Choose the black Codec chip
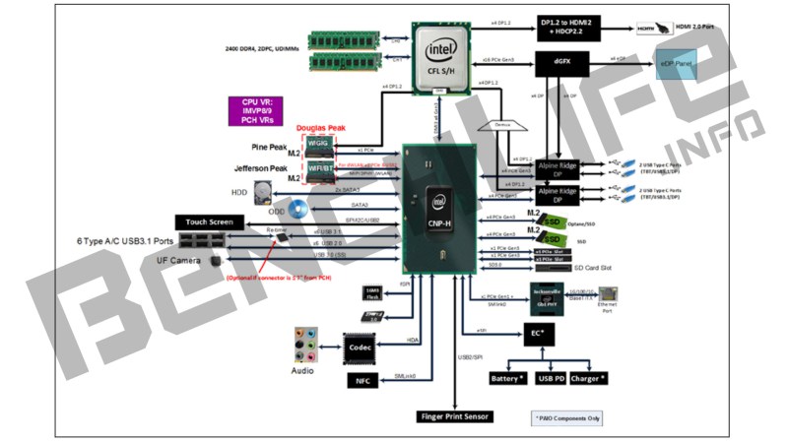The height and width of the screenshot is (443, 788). pyautogui.click(x=362, y=347)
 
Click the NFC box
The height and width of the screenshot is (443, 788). pyautogui.click(x=361, y=380)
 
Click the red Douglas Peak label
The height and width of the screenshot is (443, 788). pyautogui.click(x=321, y=129)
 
